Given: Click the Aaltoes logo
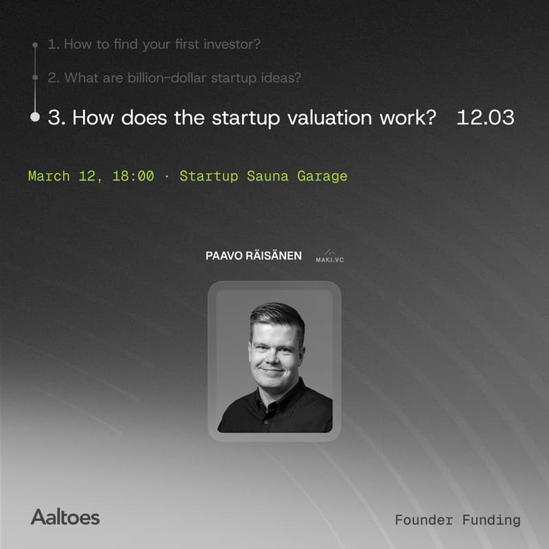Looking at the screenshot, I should [x=65, y=517].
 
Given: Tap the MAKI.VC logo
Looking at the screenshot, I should [x=329, y=257].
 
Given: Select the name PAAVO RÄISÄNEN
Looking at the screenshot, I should [x=253, y=256].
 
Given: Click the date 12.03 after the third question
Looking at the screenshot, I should [x=485, y=117].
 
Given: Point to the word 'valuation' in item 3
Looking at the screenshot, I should [x=324, y=117].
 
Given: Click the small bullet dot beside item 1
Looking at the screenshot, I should [x=35, y=45].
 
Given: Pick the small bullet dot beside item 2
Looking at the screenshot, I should [x=35, y=78].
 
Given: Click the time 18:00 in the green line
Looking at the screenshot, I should [x=132, y=176].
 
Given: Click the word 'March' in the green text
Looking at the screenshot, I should [x=49, y=176].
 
